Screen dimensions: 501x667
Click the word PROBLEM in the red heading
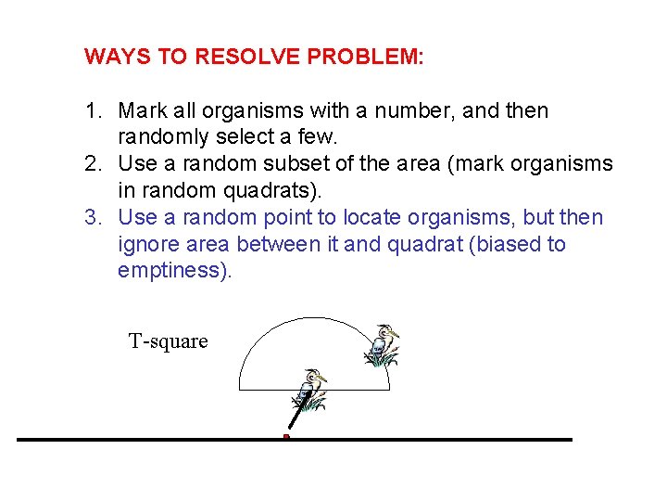366,57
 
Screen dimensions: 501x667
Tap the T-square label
168,341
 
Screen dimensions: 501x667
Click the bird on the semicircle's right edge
383,345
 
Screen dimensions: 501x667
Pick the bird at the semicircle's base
310,390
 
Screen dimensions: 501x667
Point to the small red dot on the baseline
286,436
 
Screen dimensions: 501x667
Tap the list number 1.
92,111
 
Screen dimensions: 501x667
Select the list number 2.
92,165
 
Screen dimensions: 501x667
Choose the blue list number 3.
92,219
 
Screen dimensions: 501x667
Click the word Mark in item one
142,111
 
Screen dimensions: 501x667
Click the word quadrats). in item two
278,191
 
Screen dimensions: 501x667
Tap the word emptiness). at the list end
174,272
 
